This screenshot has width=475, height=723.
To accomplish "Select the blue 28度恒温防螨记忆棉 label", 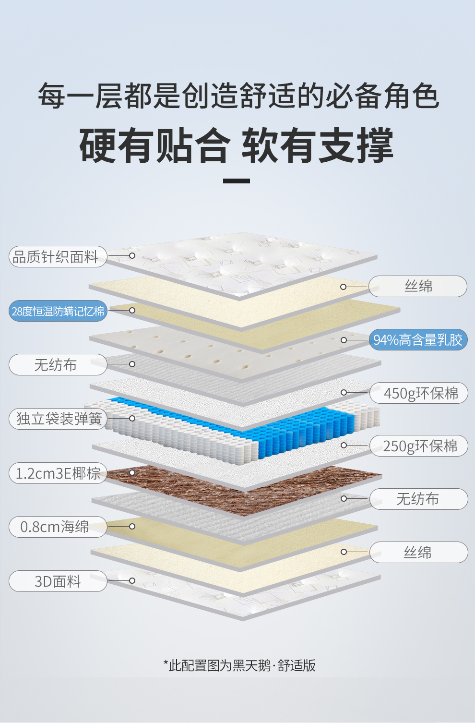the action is (58, 311).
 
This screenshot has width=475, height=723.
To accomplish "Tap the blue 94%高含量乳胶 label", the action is (418, 340).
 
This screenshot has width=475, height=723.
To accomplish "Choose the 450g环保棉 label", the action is (419, 393).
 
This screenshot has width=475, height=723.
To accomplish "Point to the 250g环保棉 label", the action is (419, 446).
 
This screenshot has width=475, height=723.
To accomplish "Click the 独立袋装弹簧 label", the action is (58, 419).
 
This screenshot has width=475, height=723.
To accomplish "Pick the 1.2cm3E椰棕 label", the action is (58, 473).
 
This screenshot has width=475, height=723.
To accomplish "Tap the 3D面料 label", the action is (58, 581).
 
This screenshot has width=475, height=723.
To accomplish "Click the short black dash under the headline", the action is (237, 181).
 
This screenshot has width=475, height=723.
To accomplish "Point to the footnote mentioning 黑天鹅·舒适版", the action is (239, 665).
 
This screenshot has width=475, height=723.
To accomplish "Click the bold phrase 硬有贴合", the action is (154, 145).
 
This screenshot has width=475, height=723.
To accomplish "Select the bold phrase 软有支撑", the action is (317, 145).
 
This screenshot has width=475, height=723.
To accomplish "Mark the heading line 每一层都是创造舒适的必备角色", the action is (238, 96).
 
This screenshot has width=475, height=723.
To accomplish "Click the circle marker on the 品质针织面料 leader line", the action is (132, 255).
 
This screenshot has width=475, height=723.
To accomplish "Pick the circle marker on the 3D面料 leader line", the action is (132, 581).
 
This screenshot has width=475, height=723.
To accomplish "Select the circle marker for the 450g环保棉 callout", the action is (344, 393).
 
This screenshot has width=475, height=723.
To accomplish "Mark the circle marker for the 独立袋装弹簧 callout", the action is (132, 418).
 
